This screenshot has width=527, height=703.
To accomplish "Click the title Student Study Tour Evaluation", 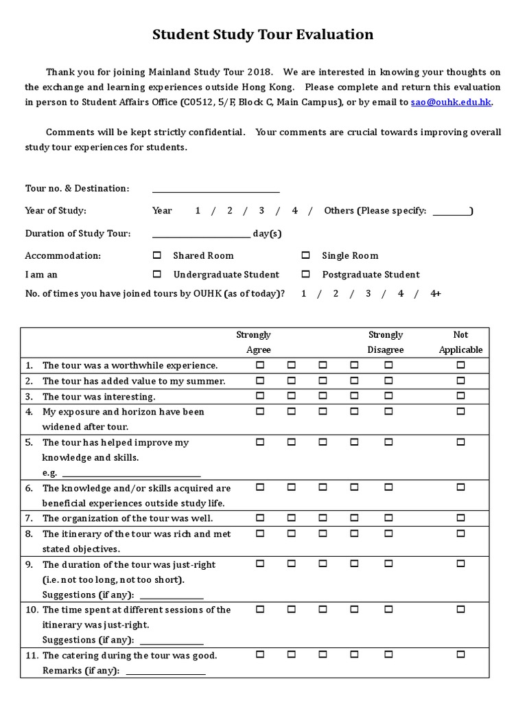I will point(263,35).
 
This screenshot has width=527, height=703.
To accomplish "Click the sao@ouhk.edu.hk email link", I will point(451,102).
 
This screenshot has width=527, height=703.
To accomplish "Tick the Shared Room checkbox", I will point(157,255).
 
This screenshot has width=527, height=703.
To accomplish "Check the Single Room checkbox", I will point(305,255).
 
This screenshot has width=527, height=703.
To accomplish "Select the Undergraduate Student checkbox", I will point(157,274).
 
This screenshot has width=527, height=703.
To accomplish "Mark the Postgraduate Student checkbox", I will point(305,274).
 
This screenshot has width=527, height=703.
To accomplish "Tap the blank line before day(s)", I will point(201,235).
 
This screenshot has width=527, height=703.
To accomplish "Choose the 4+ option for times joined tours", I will point(436,293).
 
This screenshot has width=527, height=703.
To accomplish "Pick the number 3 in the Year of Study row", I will point(261,211).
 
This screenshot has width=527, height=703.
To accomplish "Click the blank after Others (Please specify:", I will point(452,213).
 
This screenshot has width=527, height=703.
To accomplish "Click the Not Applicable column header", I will point(460,342).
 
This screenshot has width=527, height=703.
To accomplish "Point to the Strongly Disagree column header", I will point(386,342).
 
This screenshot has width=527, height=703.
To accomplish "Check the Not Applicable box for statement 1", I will point(460,365).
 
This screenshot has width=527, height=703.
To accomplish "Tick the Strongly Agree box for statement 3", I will point(260,396).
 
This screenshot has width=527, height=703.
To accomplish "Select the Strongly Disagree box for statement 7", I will point(388,518).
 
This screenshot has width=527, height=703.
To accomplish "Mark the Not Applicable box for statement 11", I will point(460,655).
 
